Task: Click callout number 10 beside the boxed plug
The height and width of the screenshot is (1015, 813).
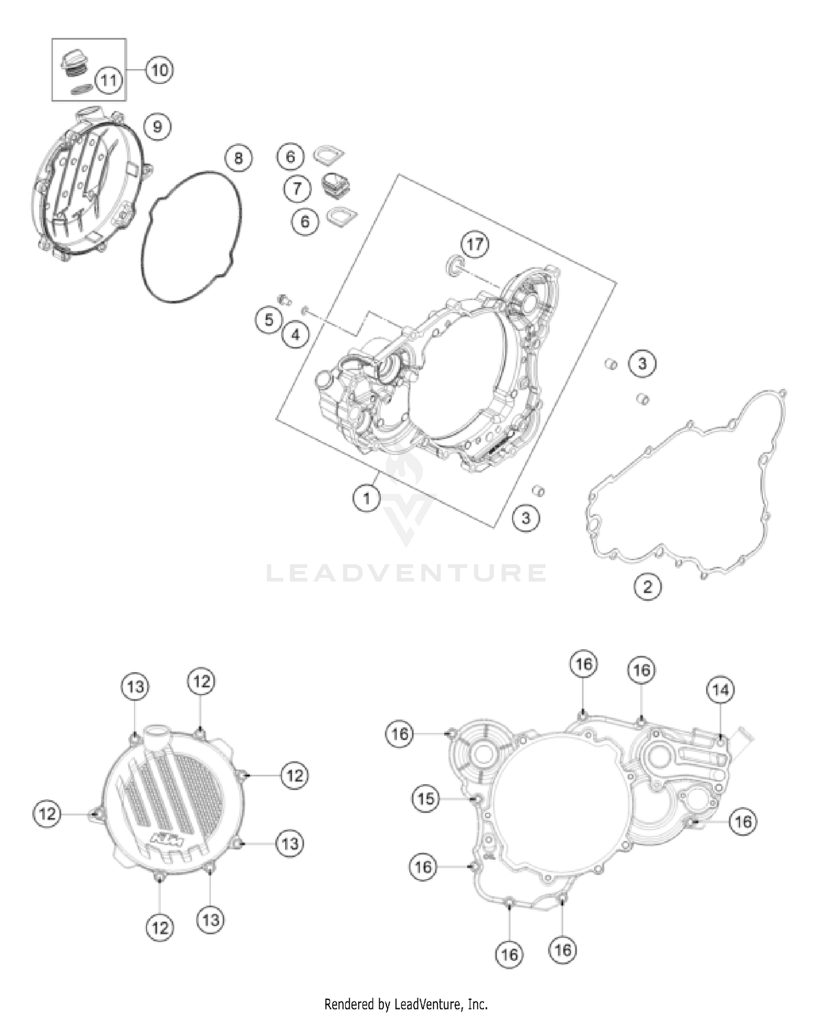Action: click(159, 70)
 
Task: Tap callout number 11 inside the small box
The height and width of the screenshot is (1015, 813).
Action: click(108, 81)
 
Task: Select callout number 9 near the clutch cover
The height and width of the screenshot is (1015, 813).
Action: click(157, 127)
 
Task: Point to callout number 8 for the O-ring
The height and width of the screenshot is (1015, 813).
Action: click(238, 158)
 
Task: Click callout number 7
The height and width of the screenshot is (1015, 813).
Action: click(297, 188)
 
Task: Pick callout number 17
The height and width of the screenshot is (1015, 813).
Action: click(475, 244)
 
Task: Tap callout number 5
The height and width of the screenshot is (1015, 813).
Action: click(269, 320)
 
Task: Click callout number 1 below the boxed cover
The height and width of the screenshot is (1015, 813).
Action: click(366, 497)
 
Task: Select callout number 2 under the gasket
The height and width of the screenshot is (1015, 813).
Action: click(647, 587)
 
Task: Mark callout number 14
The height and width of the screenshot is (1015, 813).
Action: click(720, 690)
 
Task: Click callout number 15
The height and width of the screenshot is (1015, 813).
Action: click(426, 798)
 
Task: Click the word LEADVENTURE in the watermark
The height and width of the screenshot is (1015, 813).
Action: click(406, 573)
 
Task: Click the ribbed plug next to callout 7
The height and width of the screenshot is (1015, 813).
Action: click(335, 185)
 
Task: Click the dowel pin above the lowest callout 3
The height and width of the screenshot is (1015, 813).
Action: click(538, 491)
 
